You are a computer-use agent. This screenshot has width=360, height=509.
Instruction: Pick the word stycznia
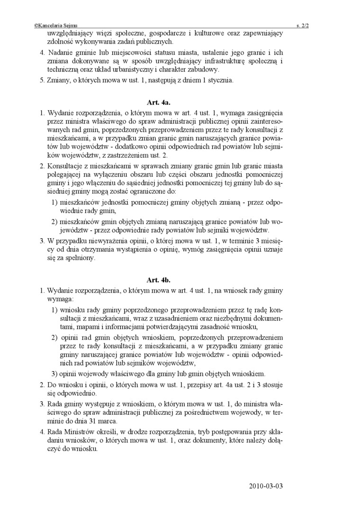click(219, 80)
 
